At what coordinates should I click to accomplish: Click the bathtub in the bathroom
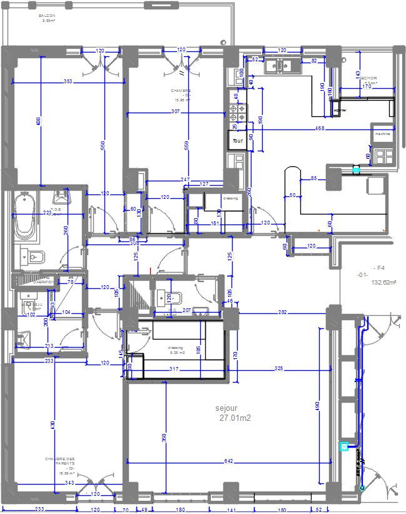tap(24, 216)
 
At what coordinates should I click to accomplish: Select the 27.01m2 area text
tap(235, 418)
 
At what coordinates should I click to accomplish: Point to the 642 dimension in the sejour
tap(228, 461)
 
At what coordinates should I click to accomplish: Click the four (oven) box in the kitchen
tap(237, 141)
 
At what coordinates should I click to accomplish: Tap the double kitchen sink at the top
tap(279, 65)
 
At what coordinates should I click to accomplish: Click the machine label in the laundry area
tap(382, 134)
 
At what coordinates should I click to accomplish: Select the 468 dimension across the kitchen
tap(319, 128)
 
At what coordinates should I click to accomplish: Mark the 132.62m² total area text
tap(384, 283)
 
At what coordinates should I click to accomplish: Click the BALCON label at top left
tap(47, 16)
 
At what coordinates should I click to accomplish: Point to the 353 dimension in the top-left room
tap(68, 82)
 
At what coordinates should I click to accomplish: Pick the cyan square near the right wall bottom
tap(343, 446)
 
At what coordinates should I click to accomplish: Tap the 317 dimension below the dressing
tap(174, 369)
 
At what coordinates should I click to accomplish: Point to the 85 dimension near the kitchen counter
tap(313, 179)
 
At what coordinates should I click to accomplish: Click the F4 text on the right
tap(378, 267)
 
